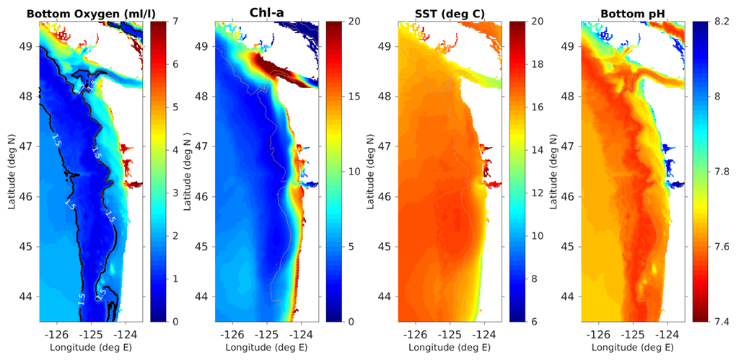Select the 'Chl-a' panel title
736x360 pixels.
(x=268, y=12)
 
